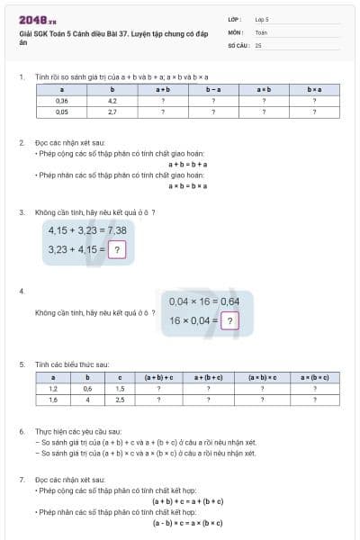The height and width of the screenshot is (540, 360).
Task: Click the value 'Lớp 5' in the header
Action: [x=262, y=18]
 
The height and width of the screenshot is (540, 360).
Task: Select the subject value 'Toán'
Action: [x=260, y=31]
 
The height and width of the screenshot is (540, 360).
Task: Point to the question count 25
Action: [x=258, y=44]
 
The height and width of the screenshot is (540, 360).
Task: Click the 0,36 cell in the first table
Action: [x=61, y=101]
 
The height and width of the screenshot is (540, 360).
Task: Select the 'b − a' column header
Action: [x=213, y=90]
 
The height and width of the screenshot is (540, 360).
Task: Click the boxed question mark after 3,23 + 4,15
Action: [x=115, y=248]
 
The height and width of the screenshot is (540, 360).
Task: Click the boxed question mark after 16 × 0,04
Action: [x=230, y=319]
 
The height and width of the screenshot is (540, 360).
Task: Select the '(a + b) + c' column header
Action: [x=158, y=377]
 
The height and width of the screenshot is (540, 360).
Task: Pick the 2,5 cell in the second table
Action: [x=121, y=400]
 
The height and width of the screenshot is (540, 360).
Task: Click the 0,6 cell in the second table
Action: [x=87, y=389]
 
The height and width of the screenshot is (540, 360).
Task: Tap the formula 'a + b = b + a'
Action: [x=187, y=164]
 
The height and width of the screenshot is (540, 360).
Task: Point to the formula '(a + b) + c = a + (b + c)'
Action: [x=187, y=501]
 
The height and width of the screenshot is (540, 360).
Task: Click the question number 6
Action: [x=21, y=431]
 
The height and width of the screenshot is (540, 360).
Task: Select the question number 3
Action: [x=21, y=212]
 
